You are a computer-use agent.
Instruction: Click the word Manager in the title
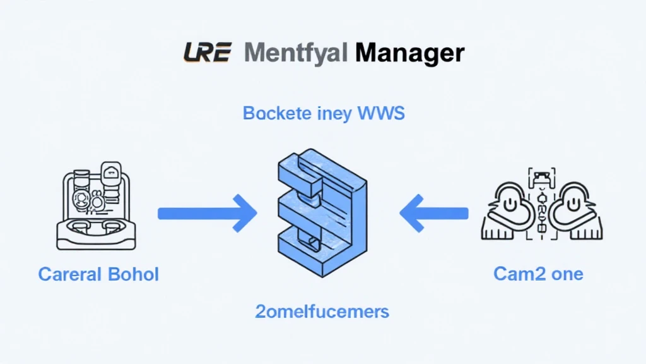pos(409,52)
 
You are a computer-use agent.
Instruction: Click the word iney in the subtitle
pos(333,115)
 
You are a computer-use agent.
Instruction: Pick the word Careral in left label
pos(69,274)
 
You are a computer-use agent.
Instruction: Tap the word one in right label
pos(565,274)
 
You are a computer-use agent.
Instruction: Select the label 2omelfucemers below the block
pos(322,311)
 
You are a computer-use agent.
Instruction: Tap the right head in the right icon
pos(574,205)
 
